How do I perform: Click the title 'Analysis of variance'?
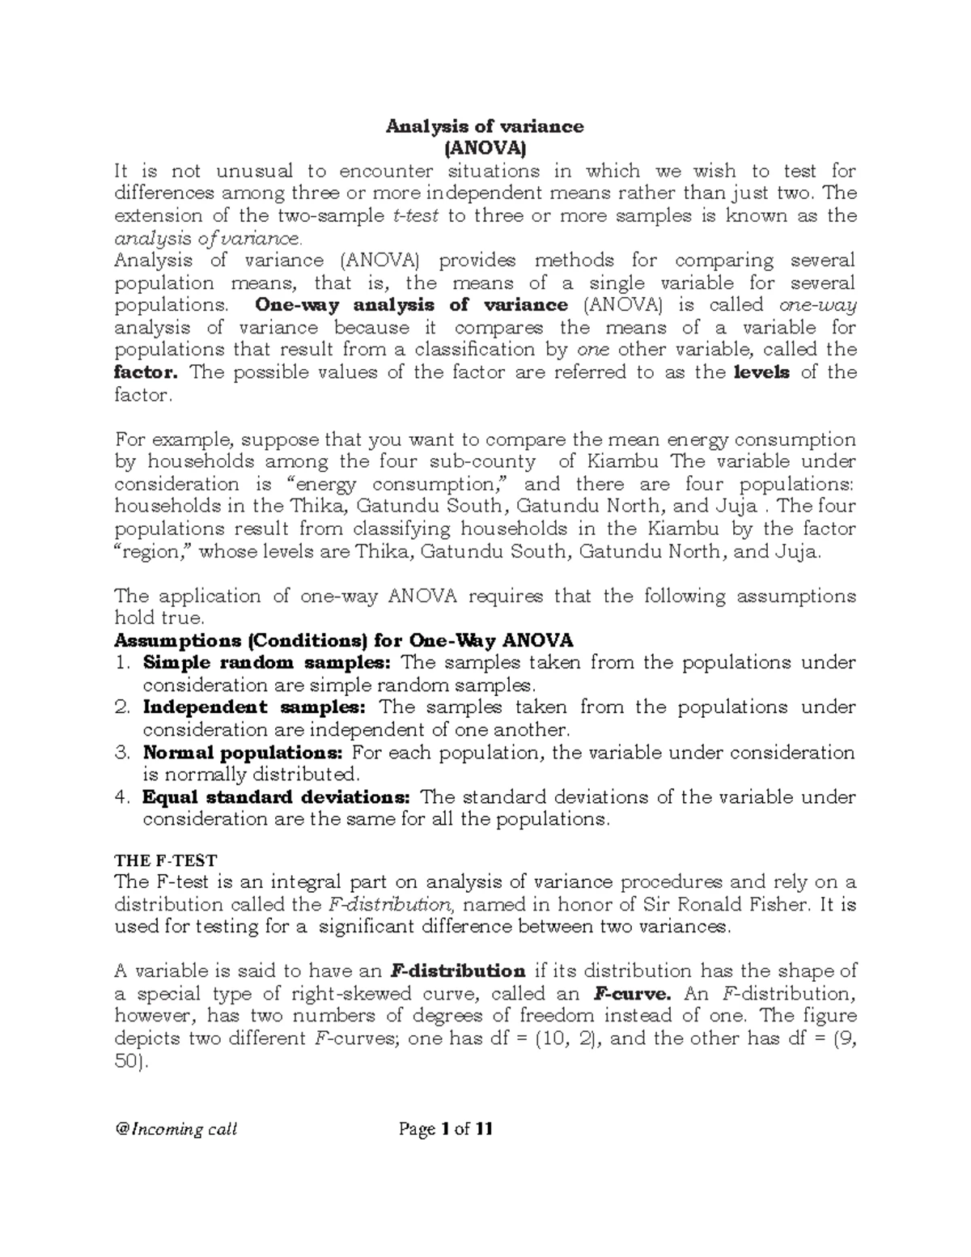click(x=484, y=126)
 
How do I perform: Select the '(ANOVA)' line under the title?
click(x=484, y=148)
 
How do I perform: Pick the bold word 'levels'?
click(x=761, y=372)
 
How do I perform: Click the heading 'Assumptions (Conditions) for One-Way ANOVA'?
click(x=344, y=640)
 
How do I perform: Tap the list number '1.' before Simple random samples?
click(x=122, y=663)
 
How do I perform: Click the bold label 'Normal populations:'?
click(x=244, y=753)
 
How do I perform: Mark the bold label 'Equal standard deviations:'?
click(x=277, y=797)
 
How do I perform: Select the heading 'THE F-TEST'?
click(x=166, y=861)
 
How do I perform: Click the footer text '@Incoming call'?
click(x=176, y=1129)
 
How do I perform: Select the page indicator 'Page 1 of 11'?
click(x=447, y=1129)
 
